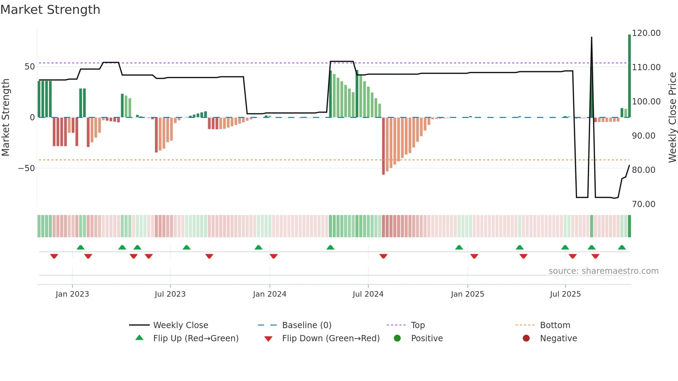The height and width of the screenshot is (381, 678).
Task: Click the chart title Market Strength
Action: click(x=50, y=10)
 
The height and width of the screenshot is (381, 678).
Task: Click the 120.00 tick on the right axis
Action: click(x=646, y=33)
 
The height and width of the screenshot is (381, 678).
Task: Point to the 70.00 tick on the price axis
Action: click(x=643, y=204)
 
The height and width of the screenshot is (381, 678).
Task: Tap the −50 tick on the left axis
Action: click(x=27, y=168)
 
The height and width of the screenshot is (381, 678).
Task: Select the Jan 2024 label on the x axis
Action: click(x=269, y=294)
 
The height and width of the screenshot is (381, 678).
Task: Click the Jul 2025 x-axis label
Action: click(x=565, y=294)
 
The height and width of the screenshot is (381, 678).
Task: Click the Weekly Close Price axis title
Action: click(x=672, y=118)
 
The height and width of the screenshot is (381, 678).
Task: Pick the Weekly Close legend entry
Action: click(x=180, y=325)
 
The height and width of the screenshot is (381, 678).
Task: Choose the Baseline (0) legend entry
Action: click(x=306, y=325)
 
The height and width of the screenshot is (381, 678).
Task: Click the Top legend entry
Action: click(x=418, y=325)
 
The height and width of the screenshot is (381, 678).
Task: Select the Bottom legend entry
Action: click(x=555, y=325)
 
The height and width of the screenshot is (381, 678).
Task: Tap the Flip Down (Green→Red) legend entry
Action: click(x=330, y=338)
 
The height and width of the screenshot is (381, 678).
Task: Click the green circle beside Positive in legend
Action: click(x=397, y=338)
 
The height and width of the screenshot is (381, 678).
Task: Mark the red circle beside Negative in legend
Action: click(x=526, y=338)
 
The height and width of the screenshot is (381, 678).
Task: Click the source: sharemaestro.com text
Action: click(x=603, y=271)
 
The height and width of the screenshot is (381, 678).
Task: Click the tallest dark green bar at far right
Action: click(x=629, y=76)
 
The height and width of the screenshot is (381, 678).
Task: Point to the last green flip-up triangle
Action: click(x=622, y=248)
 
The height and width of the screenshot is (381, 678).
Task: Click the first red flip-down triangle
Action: click(x=54, y=256)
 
